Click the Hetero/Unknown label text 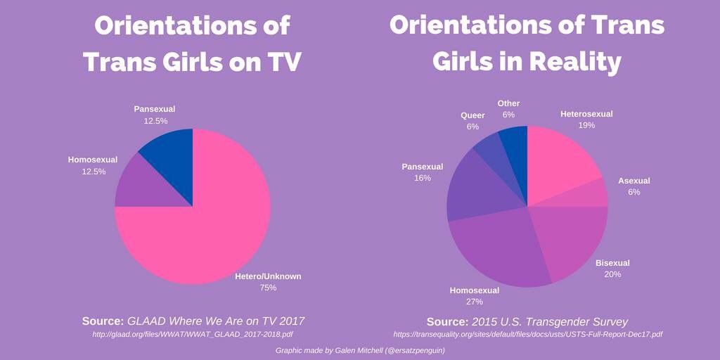pos(268,276)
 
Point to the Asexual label pos(634,181)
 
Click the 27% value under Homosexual pos(474,302)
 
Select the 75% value pos(268,288)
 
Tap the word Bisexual pos(612,263)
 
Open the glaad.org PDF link pos(193,334)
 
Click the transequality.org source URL pos(527,334)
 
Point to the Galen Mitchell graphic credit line pos(360,350)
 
